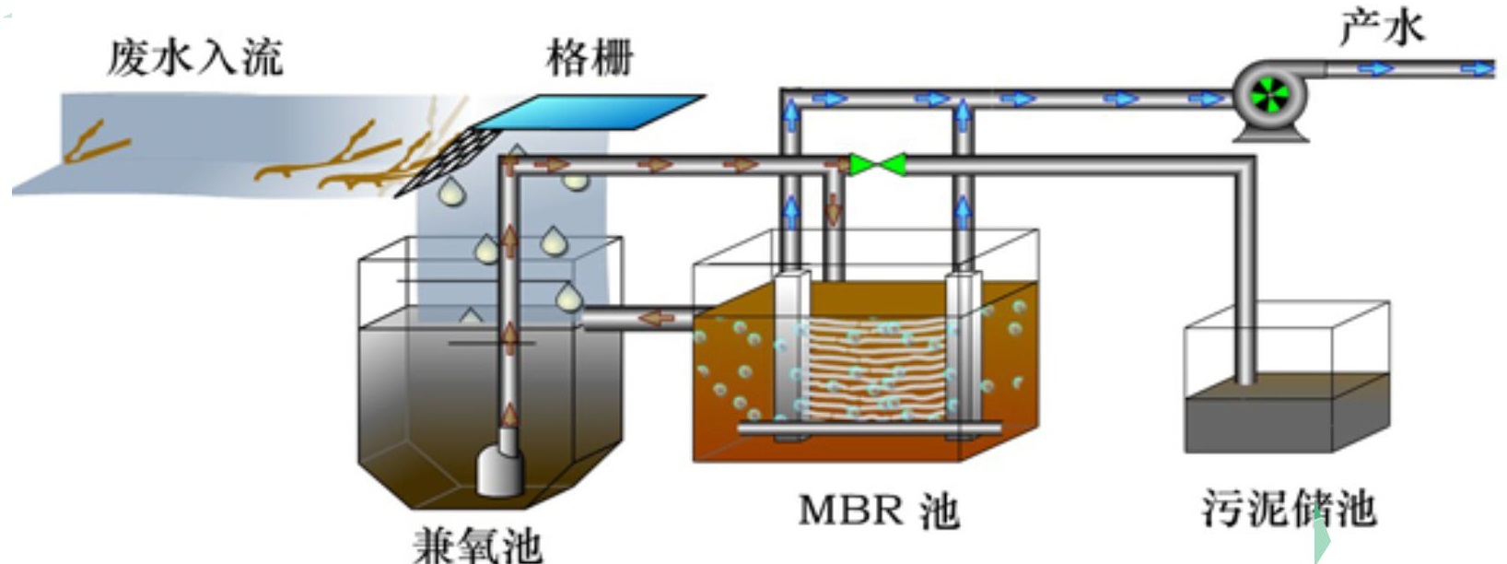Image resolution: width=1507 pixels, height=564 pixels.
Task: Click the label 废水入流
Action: [x=194, y=57]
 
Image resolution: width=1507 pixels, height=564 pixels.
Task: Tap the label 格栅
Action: [x=590, y=57]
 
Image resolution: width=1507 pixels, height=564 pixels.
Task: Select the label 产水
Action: [x=1381, y=27]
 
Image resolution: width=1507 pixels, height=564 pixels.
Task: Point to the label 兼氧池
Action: [x=476, y=544]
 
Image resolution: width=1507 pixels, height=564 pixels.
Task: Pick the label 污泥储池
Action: [x=1289, y=508]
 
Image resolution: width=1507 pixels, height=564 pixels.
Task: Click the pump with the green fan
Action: [x=1270, y=93]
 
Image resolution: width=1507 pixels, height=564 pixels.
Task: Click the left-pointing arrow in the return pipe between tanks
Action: [x=656, y=318]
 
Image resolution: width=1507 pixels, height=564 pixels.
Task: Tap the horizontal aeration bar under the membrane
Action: [x=870, y=429]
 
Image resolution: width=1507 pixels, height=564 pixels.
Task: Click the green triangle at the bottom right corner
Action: [x=1322, y=544]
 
